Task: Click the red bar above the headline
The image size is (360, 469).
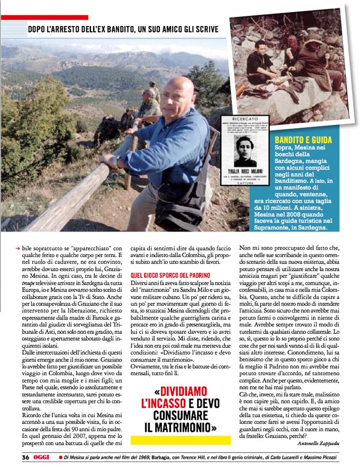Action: tap(44, 17)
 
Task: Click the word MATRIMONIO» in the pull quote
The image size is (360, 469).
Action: tap(181, 428)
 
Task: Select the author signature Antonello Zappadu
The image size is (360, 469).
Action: tap(321, 444)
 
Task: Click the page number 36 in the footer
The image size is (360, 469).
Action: tap(25, 456)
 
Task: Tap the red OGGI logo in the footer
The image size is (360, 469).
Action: tap(42, 456)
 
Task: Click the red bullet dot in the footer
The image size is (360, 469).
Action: tap(61, 457)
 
